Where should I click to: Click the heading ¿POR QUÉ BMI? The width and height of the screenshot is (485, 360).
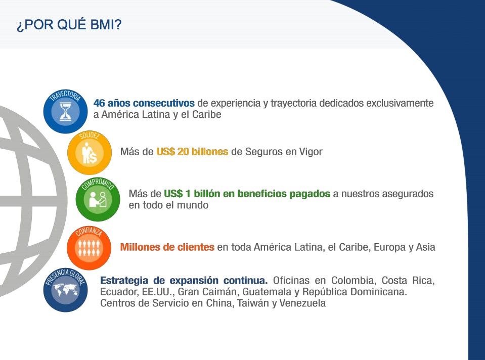coord(69,25)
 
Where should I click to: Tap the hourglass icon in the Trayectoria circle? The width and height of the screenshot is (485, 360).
coord(65,112)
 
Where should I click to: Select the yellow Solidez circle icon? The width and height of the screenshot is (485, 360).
coord(90,153)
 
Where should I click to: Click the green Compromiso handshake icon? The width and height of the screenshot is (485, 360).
coord(98,199)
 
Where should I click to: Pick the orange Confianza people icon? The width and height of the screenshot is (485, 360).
coord(89,247)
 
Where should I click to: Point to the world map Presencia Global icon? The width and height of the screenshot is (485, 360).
coord(65,290)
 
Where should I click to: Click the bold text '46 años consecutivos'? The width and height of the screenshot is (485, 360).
coord(144,103)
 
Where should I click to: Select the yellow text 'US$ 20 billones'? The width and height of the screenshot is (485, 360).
coord(192,152)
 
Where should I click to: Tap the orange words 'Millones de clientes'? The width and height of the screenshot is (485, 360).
coord(167,247)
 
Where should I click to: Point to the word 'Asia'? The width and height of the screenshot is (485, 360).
coord(426,247)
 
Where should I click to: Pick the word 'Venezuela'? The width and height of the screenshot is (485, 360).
coord(302,303)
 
